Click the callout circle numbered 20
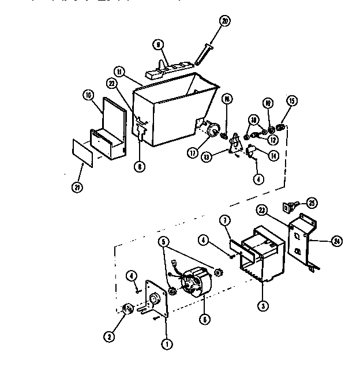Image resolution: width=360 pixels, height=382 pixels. (224, 21)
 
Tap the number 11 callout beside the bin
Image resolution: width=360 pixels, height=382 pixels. (119, 72)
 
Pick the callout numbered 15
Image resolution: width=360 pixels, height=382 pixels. (291, 101)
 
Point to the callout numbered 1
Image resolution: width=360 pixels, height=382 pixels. (167, 345)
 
